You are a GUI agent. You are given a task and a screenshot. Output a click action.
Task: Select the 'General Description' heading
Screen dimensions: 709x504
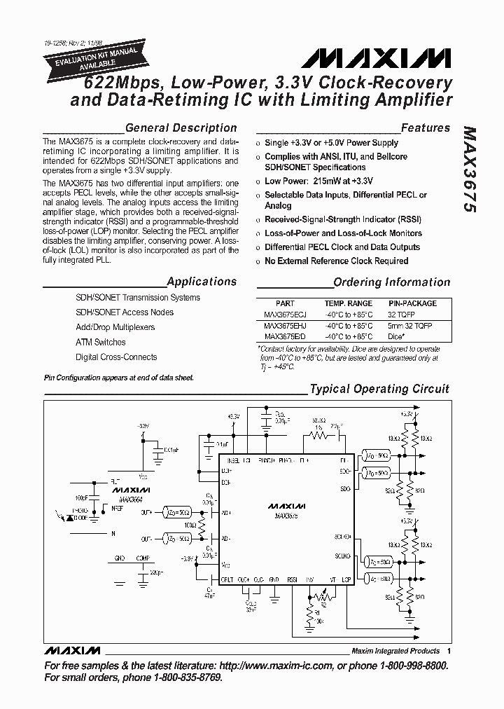pos(181,128)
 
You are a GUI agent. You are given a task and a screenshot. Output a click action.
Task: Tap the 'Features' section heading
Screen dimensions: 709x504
pos(426,128)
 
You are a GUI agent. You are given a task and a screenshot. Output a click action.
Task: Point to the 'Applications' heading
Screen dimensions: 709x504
pos(202,282)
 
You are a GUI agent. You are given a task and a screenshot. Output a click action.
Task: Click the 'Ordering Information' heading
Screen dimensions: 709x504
pos(392,282)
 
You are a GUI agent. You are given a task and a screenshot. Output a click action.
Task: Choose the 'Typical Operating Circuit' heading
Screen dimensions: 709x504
pos(379,389)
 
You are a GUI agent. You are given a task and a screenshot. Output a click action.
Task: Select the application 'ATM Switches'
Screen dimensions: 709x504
pos(101,342)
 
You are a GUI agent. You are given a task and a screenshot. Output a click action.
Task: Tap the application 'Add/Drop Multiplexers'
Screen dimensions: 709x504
pos(115,327)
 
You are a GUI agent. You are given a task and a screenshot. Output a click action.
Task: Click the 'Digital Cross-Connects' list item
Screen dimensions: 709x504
pos(115,357)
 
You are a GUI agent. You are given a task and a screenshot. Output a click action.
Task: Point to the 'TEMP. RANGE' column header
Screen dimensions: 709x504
pos(348,303)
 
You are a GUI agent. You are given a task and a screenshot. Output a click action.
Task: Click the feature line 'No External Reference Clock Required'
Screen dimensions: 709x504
pos(336,261)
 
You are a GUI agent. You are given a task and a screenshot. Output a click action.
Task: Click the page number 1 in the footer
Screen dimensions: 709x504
pos(448,651)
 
